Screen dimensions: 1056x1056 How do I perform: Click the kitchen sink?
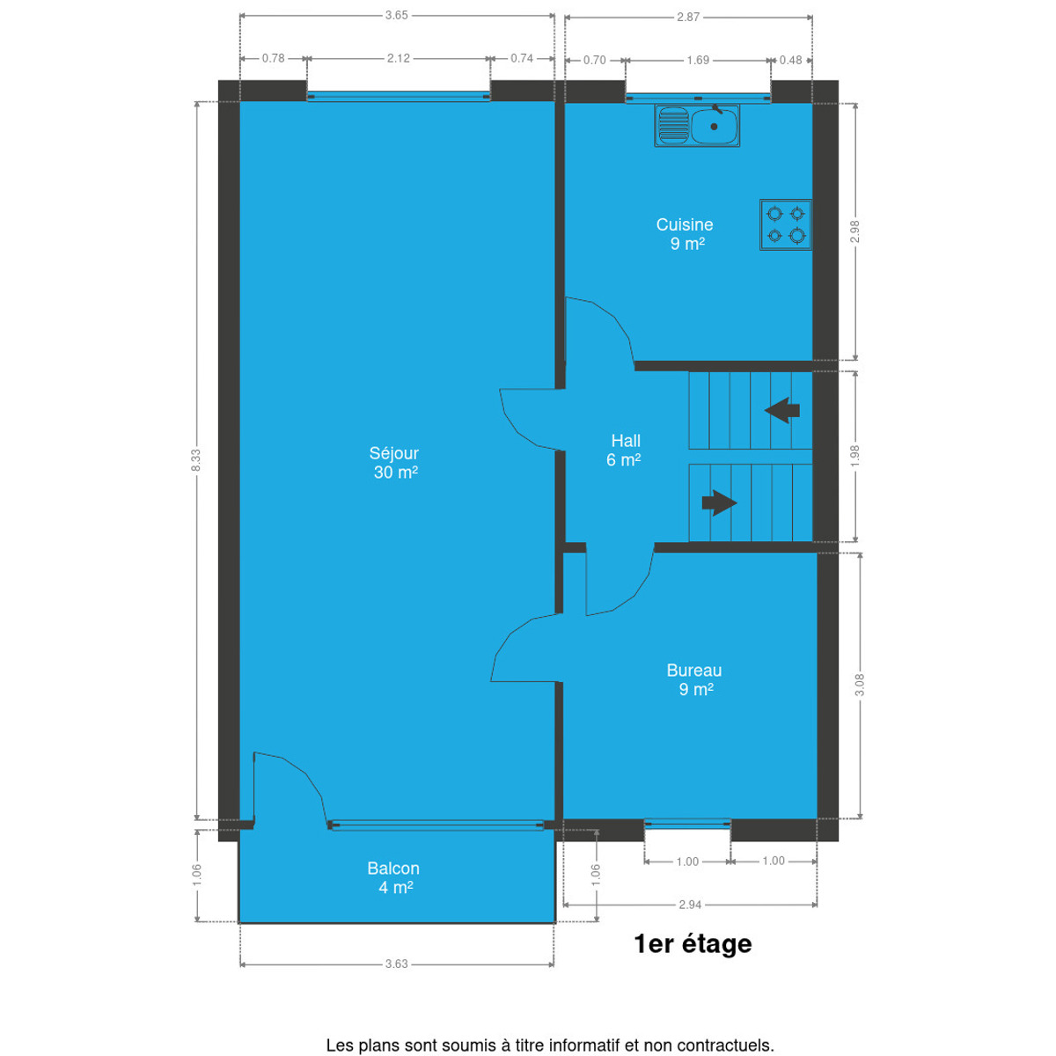(696, 126)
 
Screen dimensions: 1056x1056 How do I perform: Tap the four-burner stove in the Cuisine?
(785, 224)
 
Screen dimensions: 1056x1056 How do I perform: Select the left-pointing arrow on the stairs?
(782, 410)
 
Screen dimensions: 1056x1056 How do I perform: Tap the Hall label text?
(626, 441)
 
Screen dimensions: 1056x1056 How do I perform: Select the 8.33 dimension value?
(196, 459)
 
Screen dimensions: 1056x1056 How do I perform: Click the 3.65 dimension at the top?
(396, 15)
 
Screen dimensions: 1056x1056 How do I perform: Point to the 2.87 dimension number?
(688, 17)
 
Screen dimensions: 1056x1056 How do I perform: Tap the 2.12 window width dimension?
(399, 58)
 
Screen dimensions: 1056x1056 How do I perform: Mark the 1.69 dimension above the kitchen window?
(698, 60)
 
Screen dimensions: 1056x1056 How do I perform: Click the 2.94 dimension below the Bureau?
(690, 905)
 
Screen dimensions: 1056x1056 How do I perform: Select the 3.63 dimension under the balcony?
(396, 964)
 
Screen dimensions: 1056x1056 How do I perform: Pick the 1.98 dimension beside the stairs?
(855, 455)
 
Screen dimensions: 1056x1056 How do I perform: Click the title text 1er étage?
(693, 943)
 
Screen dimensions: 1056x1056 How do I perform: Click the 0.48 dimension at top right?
(791, 60)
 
